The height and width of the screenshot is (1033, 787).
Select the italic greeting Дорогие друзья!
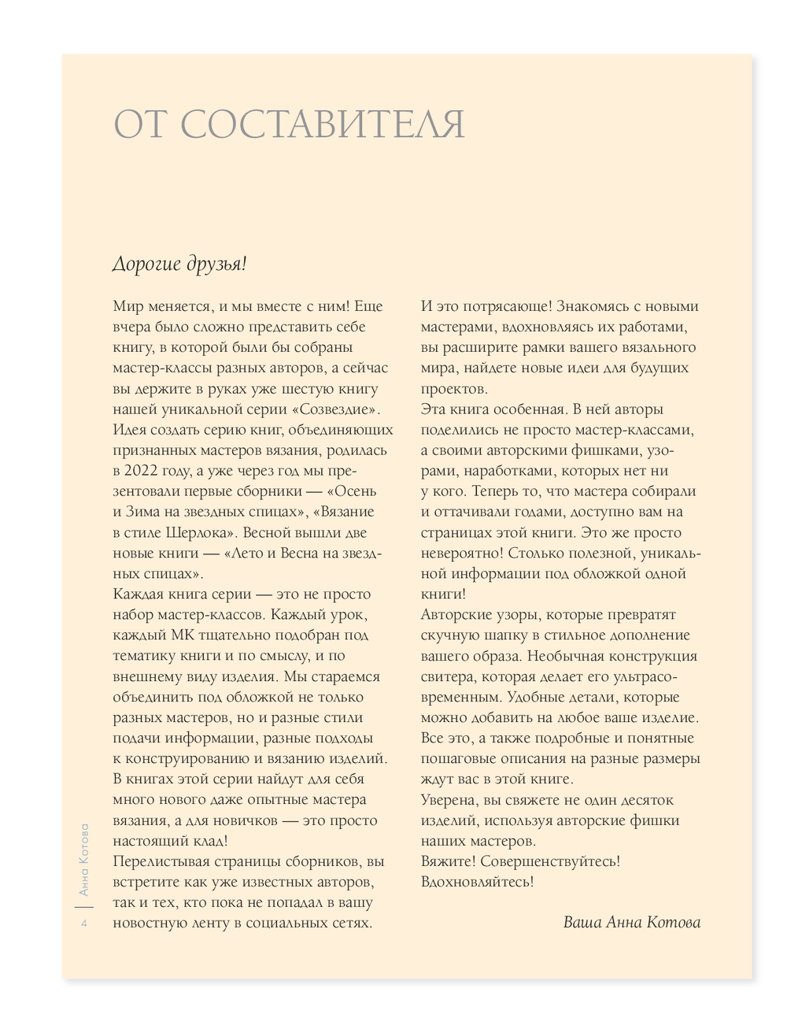(179, 264)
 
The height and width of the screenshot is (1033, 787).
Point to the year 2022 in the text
(150, 471)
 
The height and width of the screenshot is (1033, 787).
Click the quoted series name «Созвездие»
(335, 409)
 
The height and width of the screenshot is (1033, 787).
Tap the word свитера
(445, 676)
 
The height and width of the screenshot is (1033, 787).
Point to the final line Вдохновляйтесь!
(477, 882)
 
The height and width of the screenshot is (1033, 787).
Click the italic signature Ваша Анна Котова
(631, 923)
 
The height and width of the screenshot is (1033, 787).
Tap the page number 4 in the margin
(84, 924)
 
